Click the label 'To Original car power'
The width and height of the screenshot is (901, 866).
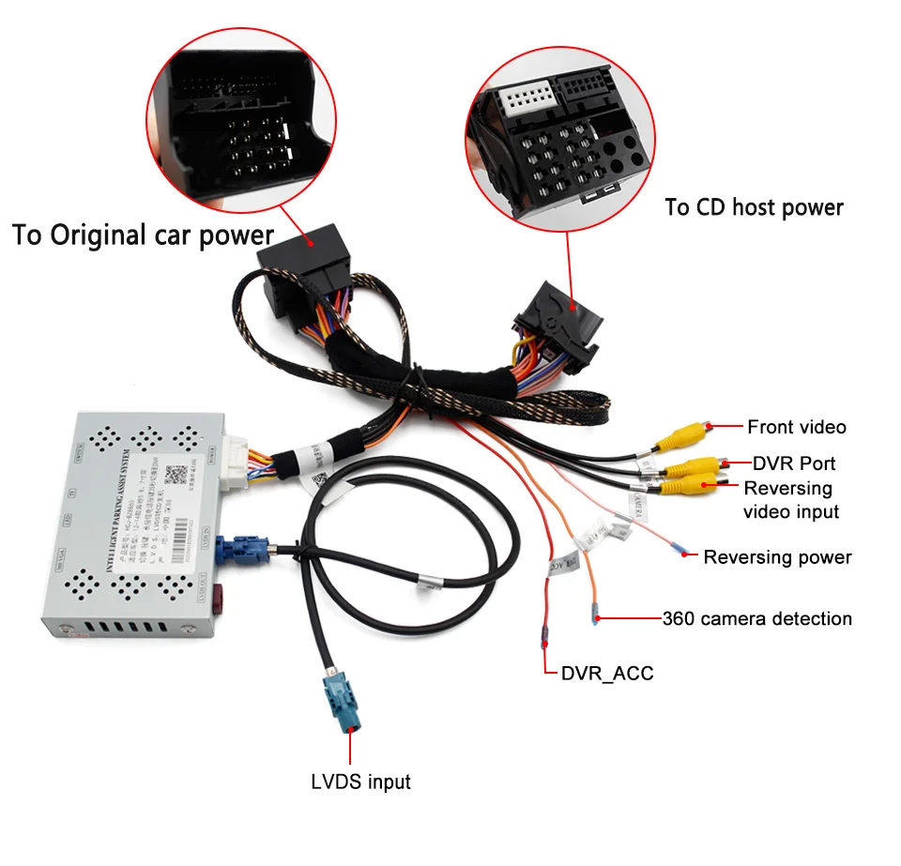143,235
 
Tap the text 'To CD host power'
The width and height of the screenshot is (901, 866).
754,207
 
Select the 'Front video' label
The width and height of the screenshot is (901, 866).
796,428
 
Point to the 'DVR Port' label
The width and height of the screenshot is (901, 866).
794,463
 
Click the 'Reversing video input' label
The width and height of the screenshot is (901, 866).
790,500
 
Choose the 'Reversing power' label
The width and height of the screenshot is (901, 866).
777,557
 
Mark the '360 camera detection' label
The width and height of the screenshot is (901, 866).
756,619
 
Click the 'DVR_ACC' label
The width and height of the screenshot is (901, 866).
606,673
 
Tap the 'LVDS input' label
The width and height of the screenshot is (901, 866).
360,782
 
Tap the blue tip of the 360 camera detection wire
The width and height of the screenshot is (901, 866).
594,617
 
